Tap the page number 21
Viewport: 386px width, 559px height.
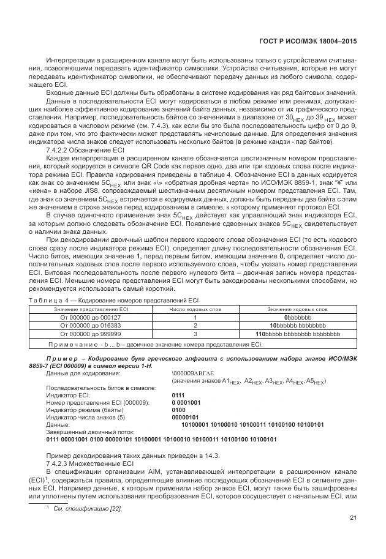click(x=352, y=518)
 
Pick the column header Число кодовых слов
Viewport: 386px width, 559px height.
click(x=195, y=310)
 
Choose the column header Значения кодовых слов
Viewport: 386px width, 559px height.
click(x=297, y=310)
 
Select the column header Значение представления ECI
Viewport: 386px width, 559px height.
click(x=90, y=310)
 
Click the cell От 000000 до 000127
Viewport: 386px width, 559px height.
click(x=90, y=318)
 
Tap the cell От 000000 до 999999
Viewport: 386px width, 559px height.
click(x=90, y=335)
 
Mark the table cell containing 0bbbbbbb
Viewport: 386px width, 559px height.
click(x=297, y=318)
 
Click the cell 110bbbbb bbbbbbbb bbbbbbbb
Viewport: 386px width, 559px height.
click(x=297, y=335)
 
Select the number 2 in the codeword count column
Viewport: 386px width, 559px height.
click(x=195, y=326)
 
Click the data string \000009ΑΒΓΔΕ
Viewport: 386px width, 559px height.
click(x=194, y=373)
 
